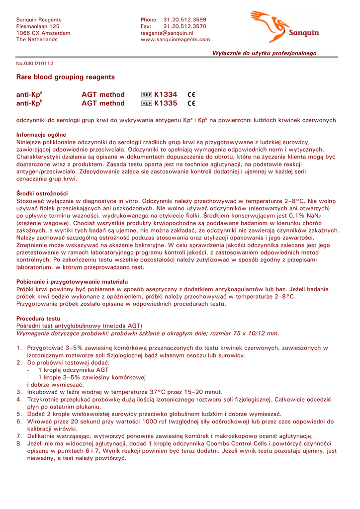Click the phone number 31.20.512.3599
[x=185, y=19]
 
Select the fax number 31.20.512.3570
[x=185, y=26]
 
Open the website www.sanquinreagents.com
[x=175, y=40]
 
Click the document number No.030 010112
[x=35, y=64]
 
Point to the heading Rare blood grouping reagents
[x=66, y=77]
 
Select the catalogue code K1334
[x=166, y=94]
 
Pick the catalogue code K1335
[x=166, y=103]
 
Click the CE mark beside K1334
[x=192, y=94]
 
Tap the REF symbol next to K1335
[x=147, y=103]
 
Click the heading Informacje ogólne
[x=41, y=135]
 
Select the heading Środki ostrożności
[x=42, y=193]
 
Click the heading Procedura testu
[x=38, y=318]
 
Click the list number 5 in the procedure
[x=19, y=414]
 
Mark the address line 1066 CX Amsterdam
[x=43, y=33]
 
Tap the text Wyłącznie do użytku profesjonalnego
[x=265, y=53]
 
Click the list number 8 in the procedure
[x=19, y=443]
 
